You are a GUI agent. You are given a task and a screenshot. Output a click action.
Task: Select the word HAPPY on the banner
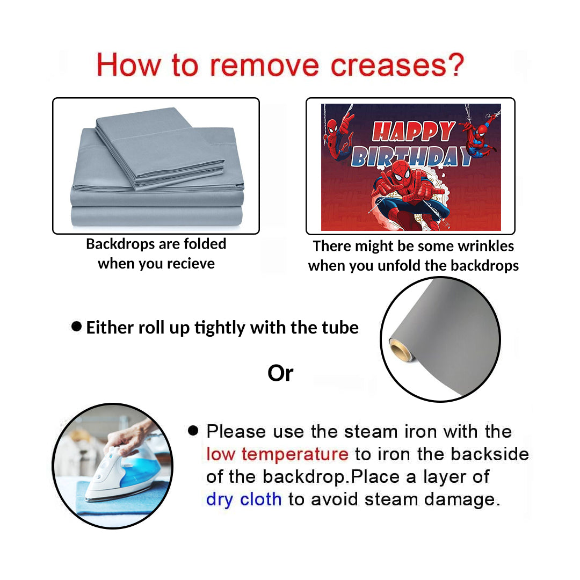[414, 132]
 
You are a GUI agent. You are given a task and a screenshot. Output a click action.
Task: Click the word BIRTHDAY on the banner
[411, 157]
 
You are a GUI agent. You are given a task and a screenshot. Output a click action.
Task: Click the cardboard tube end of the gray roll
[400, 350]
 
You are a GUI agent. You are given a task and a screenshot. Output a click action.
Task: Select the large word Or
[280, 373]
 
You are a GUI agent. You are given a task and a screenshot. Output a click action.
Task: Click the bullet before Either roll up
[77, 327]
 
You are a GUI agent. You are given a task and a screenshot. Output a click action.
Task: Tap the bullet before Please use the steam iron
[193, 430]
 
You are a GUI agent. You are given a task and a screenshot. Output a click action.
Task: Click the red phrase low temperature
[277, 454]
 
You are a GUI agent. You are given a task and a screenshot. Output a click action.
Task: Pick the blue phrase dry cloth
[244, 499]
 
